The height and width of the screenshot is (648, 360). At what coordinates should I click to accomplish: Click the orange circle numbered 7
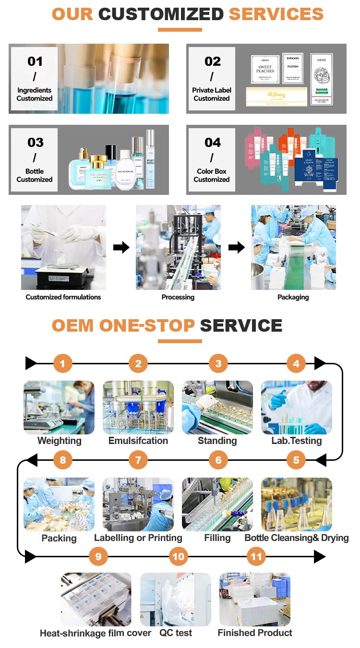pyautogui.click(x=138, y=460)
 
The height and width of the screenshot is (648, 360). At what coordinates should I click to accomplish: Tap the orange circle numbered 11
pyautogui.click(x=256, y=557)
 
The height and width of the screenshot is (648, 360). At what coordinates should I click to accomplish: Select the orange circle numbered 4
pyautogui.click(x=296, y=364)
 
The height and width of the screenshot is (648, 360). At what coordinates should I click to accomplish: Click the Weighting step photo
pyautogui.click(x=59, y=408)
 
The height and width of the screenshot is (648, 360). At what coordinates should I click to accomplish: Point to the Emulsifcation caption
pyautogui.click(x=138, y=441)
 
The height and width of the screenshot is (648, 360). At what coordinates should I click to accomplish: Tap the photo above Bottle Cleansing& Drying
pyautogui.click(x=296, y=504)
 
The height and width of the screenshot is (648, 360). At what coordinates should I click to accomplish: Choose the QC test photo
pyautogui.click(x=176, y=599)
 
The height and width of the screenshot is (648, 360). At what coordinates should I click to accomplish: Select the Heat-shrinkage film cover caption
pyautogui.click(x=96, y=633)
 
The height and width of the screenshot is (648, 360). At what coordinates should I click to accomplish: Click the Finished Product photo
pyautogui.click(x=255, y=599)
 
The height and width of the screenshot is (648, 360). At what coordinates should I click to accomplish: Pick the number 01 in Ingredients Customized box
pyautogui.click(x=35, y=61)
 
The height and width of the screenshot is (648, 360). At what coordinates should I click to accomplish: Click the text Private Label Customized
pyautogui.click(x=212, y=94)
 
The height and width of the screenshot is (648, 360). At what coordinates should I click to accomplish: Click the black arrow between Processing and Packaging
pyautogui.click(x=236, y=247)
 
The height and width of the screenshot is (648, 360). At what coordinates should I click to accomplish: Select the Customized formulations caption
pyautogui.click(x=63, y=297)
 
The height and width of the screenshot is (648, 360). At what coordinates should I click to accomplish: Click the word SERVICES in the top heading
pyautogui.click(x=276, y=14)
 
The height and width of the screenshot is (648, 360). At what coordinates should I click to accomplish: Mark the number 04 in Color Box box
pyautogui.click(x=212, y=143)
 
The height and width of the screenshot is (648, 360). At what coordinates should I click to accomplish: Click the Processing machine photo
pyautogui.click(x=178, y=247)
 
